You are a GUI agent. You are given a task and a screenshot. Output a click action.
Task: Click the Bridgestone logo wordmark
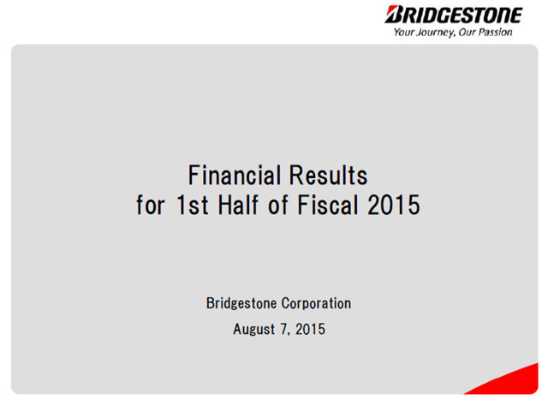[454, 15]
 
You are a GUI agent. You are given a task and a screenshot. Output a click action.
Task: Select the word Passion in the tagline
[496, 32]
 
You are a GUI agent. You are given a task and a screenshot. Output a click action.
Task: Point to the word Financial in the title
[235, 175]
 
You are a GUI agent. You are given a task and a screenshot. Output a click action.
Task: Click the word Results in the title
[329, 175]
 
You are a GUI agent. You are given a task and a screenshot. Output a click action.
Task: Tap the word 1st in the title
[193, 205]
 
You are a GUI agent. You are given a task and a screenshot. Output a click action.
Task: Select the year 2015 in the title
[394, 205]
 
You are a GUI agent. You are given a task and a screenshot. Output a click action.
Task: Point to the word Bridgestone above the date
[241, 303]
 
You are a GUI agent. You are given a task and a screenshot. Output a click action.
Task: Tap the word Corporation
[316, 303]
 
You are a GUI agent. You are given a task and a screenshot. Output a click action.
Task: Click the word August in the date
[254, 330]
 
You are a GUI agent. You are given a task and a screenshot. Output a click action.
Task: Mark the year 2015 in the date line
[310, 329]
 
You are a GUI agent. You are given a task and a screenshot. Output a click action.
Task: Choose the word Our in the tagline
[468, 32]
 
